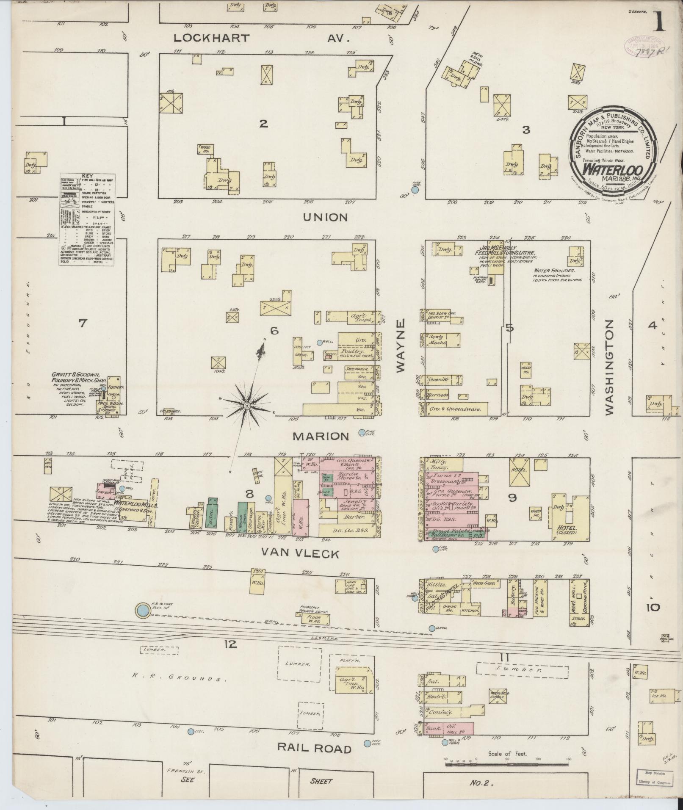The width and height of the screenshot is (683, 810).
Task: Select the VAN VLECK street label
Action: click(300, 553)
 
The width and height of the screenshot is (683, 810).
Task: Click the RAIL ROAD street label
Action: click(314, 749)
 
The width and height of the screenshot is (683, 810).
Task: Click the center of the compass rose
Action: click(246, 406)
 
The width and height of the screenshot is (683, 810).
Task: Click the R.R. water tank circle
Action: click(143, 610)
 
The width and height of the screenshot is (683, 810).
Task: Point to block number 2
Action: click(263, 124)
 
